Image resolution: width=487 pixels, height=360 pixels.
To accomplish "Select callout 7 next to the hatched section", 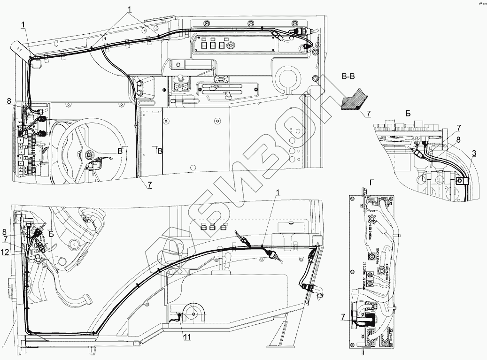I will point(368,114).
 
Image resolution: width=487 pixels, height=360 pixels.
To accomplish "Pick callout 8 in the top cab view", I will point(8,101).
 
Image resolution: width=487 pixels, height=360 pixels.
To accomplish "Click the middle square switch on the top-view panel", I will point(212,46).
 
